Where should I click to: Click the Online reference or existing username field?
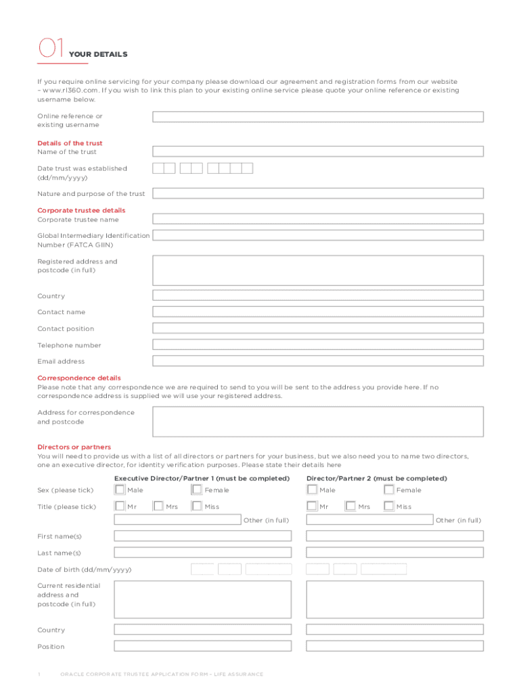coord(317,117)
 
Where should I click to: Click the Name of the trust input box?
coord(317,151)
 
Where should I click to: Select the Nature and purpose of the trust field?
coord(317,193)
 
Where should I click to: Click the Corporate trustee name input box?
coord(317,219)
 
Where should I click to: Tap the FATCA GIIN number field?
coord(317,235)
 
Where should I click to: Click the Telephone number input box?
coord(317,345)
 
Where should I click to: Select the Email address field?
coord(317,361)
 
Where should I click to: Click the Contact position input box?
coord(317,328)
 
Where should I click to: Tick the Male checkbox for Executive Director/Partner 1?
coord(120,489)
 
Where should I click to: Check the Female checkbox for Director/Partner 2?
coord(389,489)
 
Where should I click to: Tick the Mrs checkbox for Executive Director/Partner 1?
coord(158,505)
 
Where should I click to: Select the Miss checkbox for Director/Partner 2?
coord(389,505)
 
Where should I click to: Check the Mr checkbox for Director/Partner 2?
coord(312,505)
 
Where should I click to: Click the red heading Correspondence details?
coord(79,378)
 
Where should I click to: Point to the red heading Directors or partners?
coord(74,447)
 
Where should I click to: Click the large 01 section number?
coord(51,49)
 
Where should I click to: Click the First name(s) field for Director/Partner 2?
coord(394,536)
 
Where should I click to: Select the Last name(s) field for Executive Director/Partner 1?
coord(202,552)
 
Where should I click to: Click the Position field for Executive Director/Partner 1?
coord(202,646)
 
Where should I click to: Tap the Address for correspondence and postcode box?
coord(317,422)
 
